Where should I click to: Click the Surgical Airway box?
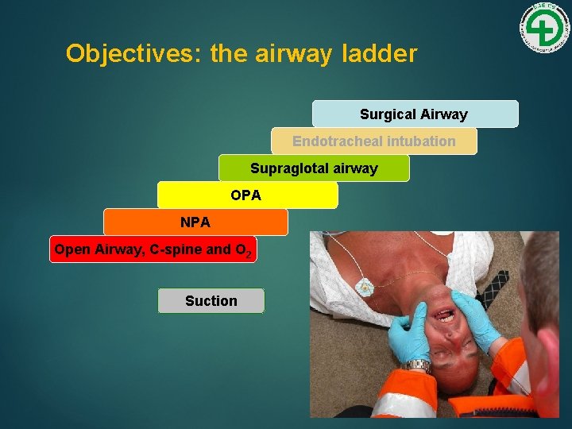pyautogui.click(x=415, y=114)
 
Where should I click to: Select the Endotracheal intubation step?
pyautogui.click(x=374, y=141)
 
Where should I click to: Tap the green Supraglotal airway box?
pyautogui.click(x=314, y=168)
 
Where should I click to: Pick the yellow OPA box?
pyautogui.click(x=247, y=195)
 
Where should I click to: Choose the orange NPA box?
pyautogui.click(x=195, y=222)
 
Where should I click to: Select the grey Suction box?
pyautogui.click(x=211, y=300)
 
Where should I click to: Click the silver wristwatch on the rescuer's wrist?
pyautogui.click(x=415, y=366)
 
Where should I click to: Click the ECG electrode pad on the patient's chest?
pyautogui.click(x=364, y=288)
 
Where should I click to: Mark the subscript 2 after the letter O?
pyautogui.click(x=249, y=254)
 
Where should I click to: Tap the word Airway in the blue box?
pyautogui.click(x=443, y=114)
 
